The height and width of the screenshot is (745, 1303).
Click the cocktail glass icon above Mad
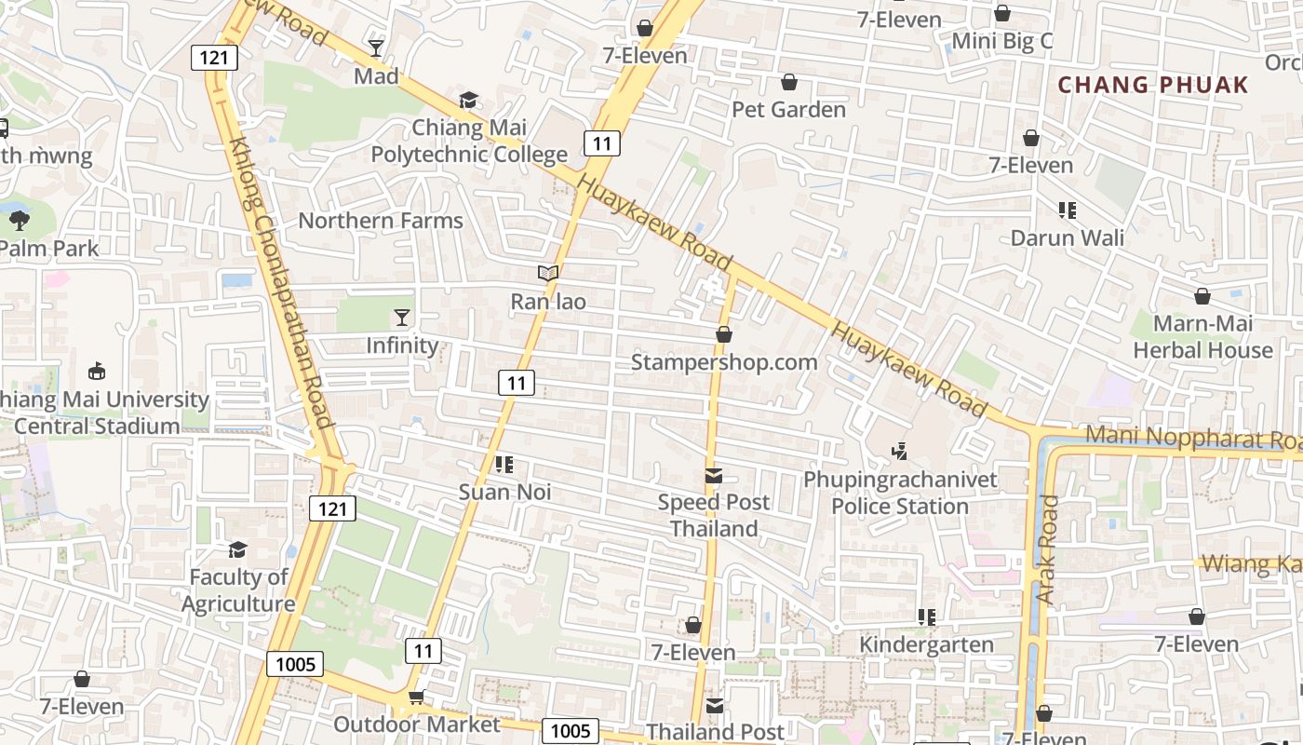click(376, 48)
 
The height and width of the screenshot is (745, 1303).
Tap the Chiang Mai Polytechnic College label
click(469, 141)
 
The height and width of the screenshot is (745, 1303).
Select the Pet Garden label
click(788, 110)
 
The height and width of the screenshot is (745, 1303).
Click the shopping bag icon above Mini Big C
click(1002, 13)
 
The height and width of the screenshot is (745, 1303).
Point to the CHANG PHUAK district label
click(1153, 85)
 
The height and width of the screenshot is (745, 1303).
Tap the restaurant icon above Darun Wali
click(1068, 210)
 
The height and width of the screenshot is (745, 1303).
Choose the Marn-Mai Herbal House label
click(1202, 337)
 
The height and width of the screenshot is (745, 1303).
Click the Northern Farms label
click(380, 221)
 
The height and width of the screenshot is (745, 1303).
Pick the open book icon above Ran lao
click(548, 274)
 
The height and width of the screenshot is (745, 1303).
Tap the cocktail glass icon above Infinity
click(402, 318)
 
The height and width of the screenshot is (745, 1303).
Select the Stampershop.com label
click(724, 362)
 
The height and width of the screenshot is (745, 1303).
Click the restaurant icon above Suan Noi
click(504, 464)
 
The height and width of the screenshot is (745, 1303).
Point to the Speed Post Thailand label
click(714, 515)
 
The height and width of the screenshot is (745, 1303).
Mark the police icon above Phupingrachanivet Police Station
click(900, 452)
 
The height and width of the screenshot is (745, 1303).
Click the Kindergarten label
click(926, 644)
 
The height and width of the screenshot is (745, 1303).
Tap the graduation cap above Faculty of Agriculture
click(238, 549)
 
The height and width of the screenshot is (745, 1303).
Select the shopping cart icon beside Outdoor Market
click(416, 698)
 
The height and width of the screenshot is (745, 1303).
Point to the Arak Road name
click(1048, 549)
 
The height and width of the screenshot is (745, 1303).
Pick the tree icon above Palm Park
click(19, 221)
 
